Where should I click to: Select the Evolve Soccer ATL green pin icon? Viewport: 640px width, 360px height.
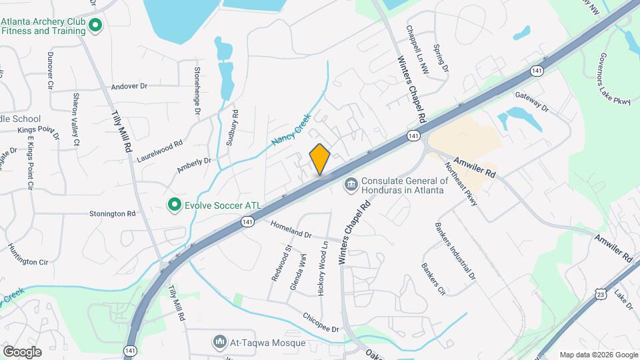point(175,204)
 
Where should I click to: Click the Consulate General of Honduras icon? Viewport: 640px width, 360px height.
point(351,183)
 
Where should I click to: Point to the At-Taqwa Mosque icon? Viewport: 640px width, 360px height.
point(219,343)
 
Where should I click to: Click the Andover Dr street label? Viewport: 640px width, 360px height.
point(129,87)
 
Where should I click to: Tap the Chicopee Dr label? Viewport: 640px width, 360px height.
point(321,322)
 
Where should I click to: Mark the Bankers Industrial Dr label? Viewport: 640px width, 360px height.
point(455,251)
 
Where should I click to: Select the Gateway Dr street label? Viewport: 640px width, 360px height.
point(531,102)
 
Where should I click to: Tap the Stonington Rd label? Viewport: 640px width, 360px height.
point(112,214)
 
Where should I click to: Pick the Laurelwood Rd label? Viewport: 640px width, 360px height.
point(159,151)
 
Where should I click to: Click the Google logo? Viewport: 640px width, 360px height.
point(22,351)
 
